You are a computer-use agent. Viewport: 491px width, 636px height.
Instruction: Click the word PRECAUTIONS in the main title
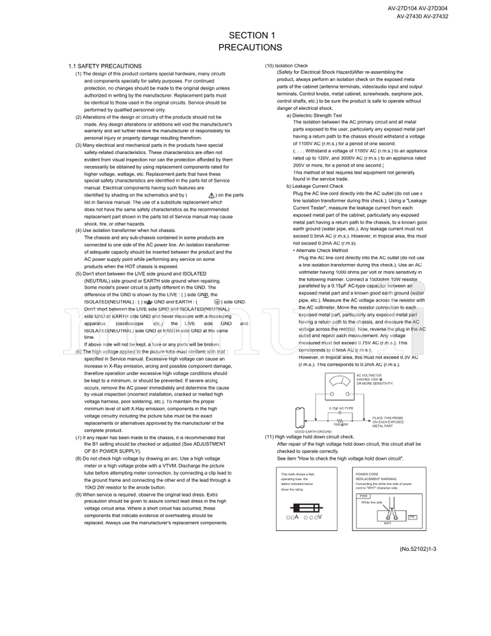[x=250, y=47]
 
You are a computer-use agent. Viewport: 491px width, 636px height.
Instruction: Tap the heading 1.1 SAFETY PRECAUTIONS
[x=105, y=66]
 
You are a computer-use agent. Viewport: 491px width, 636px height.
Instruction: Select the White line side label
[x=372, y=502]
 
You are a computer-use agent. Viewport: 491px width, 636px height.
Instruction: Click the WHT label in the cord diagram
[x=387, y=524]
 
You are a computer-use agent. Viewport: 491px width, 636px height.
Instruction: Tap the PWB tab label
[x=363, y=495]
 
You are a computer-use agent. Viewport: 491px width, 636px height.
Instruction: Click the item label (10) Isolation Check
[x=286, y=66]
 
